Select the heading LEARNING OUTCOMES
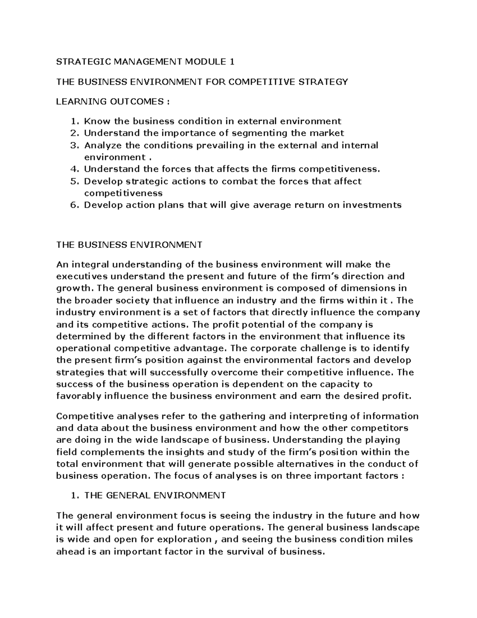(x=112, y=101)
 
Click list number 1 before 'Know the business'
(x=73, y=121)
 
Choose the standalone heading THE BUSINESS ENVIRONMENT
(x=129, y=245)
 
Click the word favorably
(x=79, y=396)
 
